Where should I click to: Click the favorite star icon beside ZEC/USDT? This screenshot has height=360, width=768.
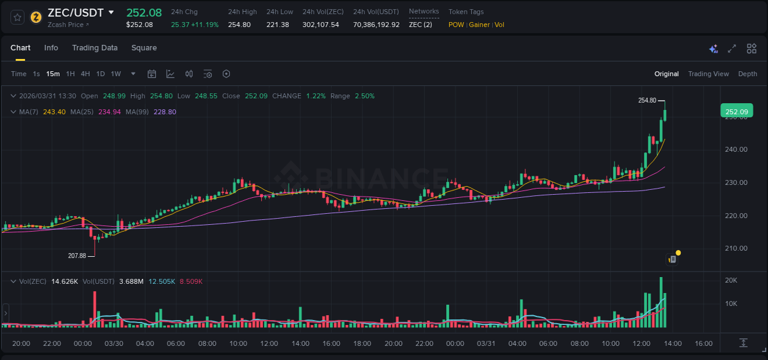[18, 17]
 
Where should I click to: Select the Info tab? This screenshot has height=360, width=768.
[51, 48]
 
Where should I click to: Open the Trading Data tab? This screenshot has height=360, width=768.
[95, 48]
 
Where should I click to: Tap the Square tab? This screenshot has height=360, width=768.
[144, 48]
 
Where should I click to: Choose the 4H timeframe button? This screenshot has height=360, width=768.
[85, 74]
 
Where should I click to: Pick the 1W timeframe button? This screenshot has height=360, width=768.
[116, 74]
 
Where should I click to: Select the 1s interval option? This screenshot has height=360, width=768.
[36, 74]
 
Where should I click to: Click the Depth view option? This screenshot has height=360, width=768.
[747, 74]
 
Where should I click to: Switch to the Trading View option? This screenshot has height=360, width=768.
[708, 74]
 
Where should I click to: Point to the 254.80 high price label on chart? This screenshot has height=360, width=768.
[647, 100]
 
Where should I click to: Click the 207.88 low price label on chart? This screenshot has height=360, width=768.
[77, 256]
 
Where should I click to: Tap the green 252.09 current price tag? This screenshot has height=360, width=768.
[736, 112]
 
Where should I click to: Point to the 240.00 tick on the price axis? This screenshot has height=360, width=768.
[736, 149]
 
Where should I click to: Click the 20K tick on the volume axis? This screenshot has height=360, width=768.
[731, 280]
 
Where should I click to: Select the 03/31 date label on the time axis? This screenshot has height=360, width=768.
[486, 343]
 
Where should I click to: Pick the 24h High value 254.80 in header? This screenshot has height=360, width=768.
[239, 25]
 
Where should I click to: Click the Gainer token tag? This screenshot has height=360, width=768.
[479, 25]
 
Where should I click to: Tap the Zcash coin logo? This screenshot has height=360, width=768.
[36, 17]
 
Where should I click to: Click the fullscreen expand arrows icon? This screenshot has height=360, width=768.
[732, 49]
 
